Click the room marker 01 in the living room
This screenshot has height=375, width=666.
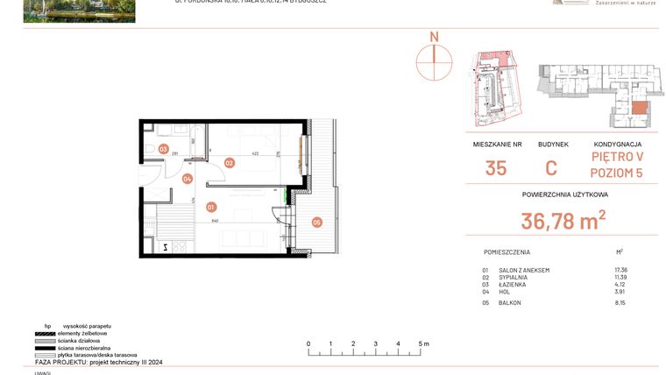coord(211,208)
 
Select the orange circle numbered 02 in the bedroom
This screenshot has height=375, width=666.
coord(229,162)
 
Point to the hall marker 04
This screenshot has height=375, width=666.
coord(187,180)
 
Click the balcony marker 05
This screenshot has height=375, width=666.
coord(316,223)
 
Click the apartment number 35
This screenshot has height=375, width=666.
coord(495,168)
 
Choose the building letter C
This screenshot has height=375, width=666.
coord(552,168)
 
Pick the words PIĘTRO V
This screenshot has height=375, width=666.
coord(618,159)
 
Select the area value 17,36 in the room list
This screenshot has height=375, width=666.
coord(621,271)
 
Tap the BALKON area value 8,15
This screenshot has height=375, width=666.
coord(621,303)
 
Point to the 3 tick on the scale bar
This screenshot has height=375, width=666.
coord(375,344)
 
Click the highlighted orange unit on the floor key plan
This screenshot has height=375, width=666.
coord(640,108)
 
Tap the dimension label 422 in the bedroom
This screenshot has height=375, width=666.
coord(256,154)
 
